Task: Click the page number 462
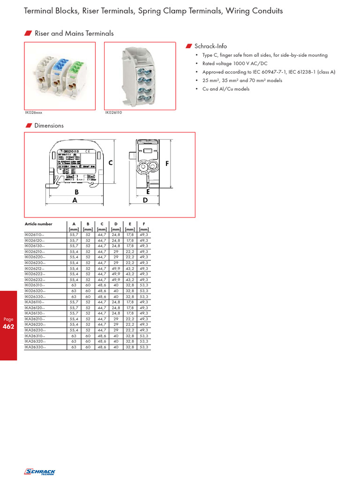coord(8,326)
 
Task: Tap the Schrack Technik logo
coord(39,472)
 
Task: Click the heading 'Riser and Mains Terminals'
coord(74,33)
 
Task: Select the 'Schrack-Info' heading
coord(210,46)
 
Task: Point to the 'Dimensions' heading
coord(49,126)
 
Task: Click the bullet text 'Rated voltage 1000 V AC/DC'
coord(235,64)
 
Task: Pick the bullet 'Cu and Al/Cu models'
coord(226,89)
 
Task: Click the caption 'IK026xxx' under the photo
coord(33,112)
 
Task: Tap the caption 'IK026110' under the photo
coord(113,112)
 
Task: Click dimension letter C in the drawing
coord(111,163)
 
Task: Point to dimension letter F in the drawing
coord(166,164)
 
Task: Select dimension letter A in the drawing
coord(74,200)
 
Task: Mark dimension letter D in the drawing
coord(145,200)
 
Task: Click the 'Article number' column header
coord(38,224)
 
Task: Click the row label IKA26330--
coord(35,347)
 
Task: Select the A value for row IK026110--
coord(74,234)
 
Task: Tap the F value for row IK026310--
coord(144,285)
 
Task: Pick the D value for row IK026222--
coord(116,274)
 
